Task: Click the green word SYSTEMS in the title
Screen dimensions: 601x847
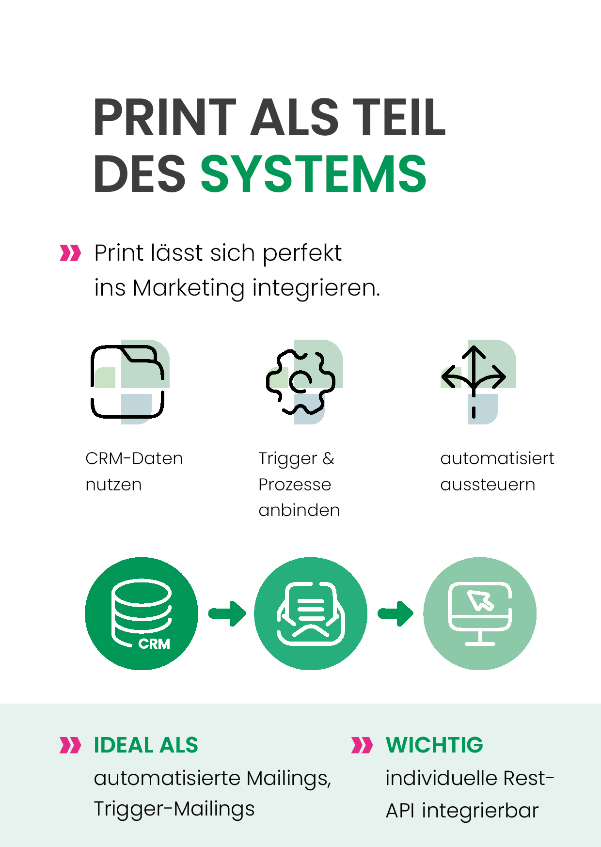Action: coord(314,173)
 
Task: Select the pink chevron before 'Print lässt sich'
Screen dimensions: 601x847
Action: coord(70,252)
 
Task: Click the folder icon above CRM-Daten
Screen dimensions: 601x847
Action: coord(127,381)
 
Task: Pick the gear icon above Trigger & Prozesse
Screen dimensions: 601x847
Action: coord(300,381)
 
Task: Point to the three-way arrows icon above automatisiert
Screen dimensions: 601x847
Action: coord(474,381)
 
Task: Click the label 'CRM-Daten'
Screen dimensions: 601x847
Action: coord(134,458)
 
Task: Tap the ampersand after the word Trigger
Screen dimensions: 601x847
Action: coord(328,458)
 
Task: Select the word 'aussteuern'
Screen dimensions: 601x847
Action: coord(488,484)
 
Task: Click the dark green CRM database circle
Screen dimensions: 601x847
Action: coord(142,613)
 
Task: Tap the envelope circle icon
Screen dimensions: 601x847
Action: coord(311,613)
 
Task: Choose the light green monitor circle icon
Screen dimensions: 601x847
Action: coord(480,613)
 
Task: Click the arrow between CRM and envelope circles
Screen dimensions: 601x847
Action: coord(227,613)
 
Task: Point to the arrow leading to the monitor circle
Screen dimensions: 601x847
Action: coord(395,613)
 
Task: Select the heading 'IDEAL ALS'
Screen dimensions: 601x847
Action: coord(146,745)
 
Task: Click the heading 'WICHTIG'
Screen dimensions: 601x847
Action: coord(434,745)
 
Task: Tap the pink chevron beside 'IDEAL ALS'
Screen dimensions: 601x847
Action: coord(70,745)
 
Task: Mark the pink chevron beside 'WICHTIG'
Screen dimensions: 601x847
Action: coord(362,745)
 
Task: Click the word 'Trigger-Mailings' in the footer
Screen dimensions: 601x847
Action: coord(174,809)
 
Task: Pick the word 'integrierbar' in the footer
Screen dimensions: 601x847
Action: coord(480,811)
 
